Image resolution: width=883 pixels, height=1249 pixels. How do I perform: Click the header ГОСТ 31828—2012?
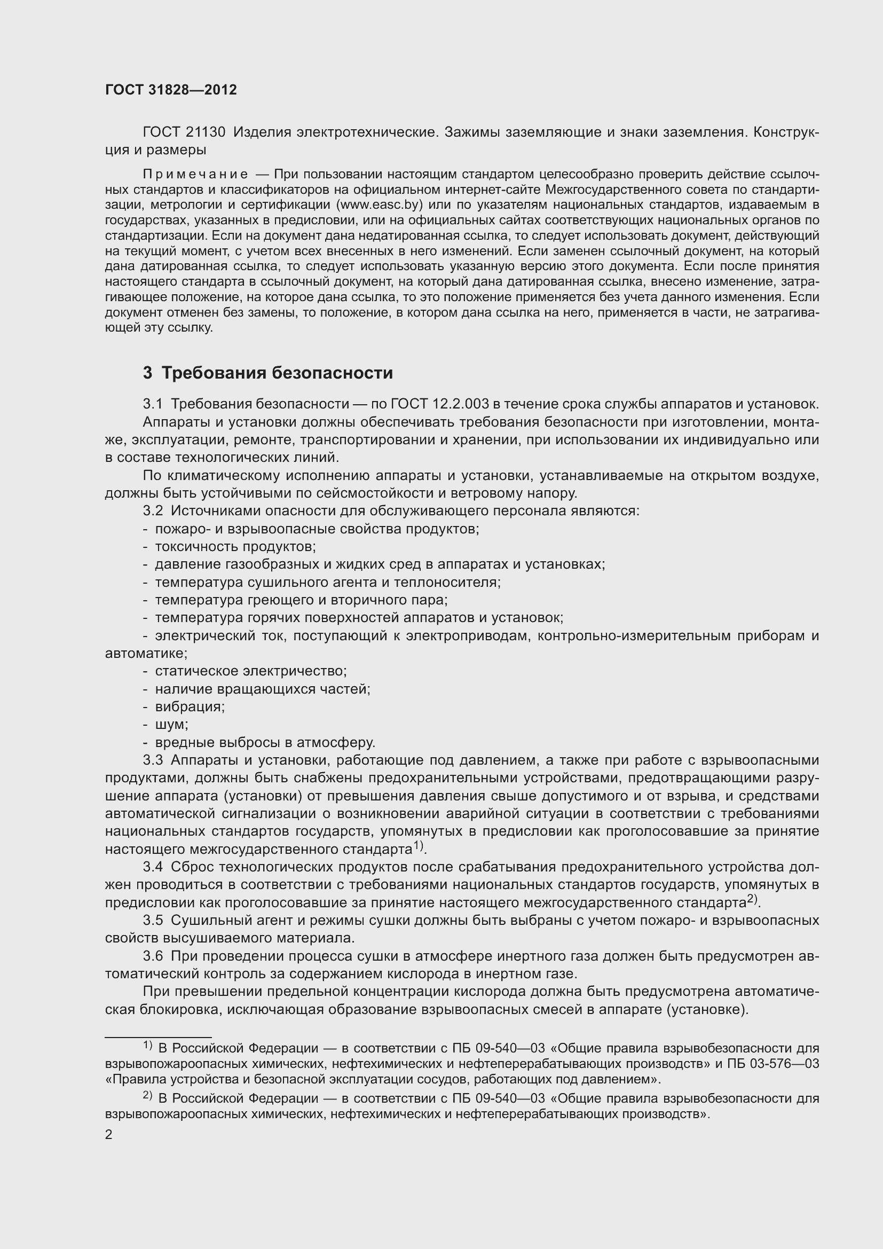[171, 90]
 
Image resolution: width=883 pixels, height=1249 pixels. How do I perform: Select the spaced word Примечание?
[195, 174]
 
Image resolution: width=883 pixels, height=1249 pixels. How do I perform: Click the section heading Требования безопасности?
[277, 373]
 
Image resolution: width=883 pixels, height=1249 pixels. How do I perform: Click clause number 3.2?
[153, 511]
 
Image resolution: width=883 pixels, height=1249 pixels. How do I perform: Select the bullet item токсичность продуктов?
[235, 547]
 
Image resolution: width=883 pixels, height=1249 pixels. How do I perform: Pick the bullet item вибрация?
[190, 706]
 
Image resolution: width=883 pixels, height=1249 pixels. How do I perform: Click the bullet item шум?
[171, 725]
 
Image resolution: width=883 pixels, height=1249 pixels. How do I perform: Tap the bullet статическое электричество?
[251, 671]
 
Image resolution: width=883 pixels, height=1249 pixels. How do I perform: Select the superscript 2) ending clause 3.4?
[752, 899]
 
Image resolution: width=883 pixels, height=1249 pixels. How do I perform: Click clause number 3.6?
[153, 956]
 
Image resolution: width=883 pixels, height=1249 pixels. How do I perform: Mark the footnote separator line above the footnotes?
[157, 1038]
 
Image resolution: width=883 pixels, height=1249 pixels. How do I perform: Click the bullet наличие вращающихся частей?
[263, 689]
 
